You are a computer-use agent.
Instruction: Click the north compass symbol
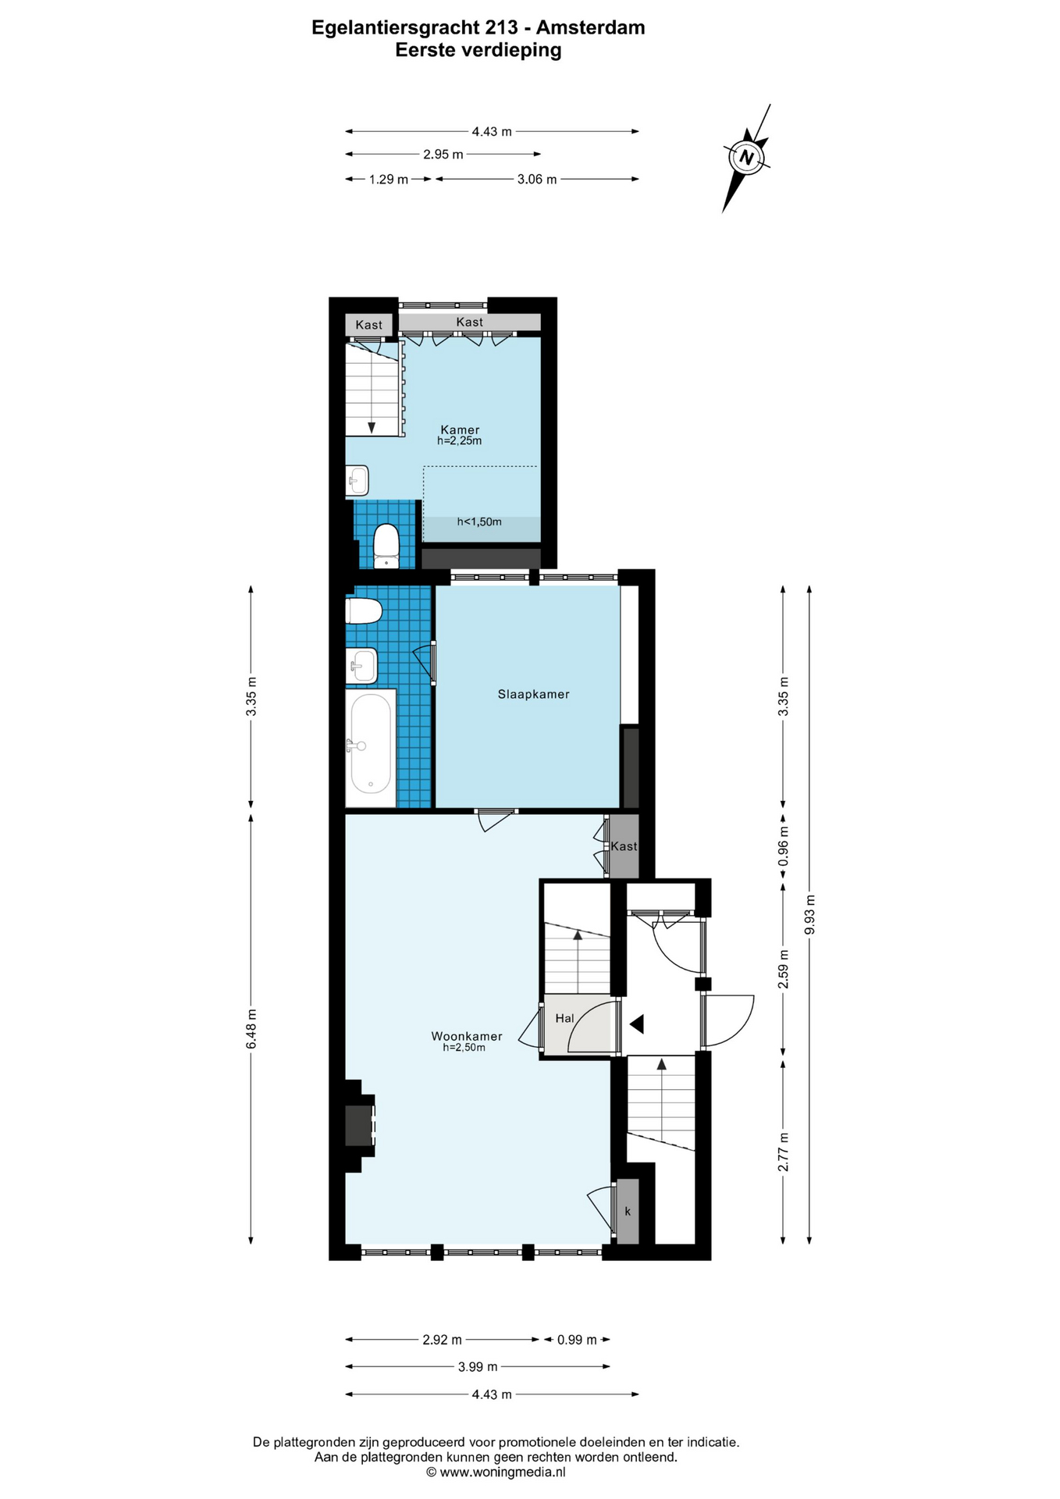(747, 158)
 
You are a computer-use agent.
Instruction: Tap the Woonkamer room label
(467, 1036)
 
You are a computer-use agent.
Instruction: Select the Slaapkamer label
(534, 694)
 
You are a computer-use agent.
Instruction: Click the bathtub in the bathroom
(371, 745)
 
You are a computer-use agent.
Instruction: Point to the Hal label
(564, 1018)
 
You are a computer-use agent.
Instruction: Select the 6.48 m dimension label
(251, 1029)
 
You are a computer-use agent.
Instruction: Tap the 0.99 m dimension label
(577, 1340)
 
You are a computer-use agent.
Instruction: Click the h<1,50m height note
(479, 522)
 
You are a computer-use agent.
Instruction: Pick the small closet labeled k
(628, 1211)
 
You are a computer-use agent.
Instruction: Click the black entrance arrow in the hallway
(637, 1024)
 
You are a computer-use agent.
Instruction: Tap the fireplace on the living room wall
(360, 1126)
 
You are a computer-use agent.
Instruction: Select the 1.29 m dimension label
(389, 180)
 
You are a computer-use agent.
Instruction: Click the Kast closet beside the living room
(624, 846)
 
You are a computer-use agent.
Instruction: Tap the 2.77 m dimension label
(783, 1152)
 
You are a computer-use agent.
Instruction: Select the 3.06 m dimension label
(537, 180)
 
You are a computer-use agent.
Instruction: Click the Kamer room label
(460, 429)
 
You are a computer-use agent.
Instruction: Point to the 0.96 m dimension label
(784, 846)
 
